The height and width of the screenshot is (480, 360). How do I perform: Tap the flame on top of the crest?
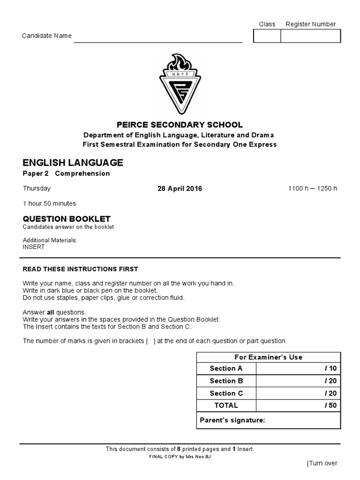tap(180, 62)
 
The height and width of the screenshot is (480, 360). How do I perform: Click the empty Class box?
tap(267, 36)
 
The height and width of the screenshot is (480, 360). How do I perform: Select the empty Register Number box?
tap(310, 36)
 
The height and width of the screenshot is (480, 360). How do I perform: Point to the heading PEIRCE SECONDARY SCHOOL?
tap(180, 125)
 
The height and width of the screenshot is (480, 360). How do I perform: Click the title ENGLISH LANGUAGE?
tap(73, 163)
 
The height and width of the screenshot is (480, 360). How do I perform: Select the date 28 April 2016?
tap(180, 189)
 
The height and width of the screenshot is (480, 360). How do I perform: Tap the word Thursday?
tap(37, 188)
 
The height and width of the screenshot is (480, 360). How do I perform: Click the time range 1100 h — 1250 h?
tap(313, 189)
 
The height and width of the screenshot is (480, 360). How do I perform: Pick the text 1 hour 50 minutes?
tap(49, 203)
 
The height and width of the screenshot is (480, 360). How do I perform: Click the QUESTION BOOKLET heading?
tap(67, 219)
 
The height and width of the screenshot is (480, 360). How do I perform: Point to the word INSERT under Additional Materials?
tap(34, 247)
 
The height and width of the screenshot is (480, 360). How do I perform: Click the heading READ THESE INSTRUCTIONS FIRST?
tap(81, 269)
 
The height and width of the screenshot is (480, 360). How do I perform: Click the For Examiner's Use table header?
tap(268, 357)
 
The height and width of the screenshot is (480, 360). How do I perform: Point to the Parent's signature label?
tap(232, 420)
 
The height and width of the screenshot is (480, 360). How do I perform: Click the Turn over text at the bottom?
tap(322, 463)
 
